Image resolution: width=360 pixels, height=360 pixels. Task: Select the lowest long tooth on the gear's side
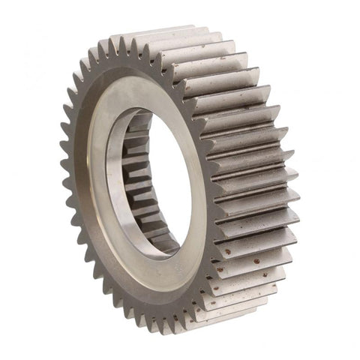tap(232, 311)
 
